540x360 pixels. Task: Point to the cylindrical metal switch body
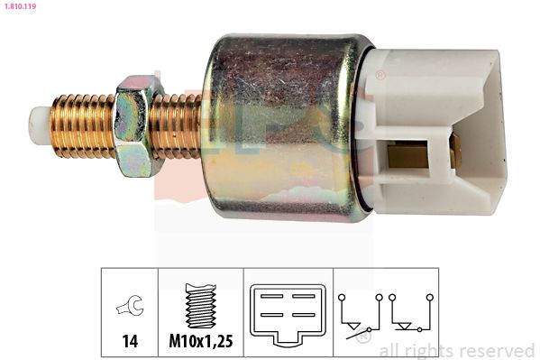279,126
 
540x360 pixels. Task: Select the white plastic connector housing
442,131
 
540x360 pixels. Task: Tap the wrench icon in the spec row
129,309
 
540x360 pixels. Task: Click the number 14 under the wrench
129,343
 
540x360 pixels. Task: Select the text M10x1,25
200,343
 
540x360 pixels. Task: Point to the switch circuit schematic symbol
385,316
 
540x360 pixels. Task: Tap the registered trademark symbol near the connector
380,75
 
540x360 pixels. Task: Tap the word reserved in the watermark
499,350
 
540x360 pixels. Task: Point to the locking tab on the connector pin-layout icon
288,340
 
